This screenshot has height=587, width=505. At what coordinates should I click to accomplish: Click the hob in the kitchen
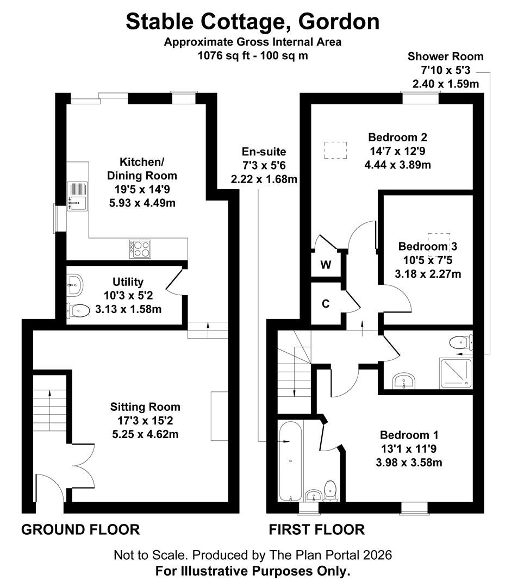tap(140, 249)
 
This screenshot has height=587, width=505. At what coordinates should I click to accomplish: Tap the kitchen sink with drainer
tap(77, 196)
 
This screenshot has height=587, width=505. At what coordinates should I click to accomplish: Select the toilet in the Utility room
tap(79, 310)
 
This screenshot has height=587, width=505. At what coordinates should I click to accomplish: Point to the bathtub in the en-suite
tap(290, 461)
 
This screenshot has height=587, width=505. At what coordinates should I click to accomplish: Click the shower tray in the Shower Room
tap(456, 373)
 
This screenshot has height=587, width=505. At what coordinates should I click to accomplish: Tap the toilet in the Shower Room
tap(461, 342)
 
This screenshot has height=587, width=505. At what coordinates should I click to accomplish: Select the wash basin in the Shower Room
tap(404, 381)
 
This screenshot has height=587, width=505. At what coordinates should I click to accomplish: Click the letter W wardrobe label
tap(326, 265)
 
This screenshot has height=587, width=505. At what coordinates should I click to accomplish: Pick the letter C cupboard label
tap(326, 304)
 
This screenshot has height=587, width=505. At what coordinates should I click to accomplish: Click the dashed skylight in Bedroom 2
tap(335, 150)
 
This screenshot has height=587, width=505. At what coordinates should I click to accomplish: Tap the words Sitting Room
tap(145, 407)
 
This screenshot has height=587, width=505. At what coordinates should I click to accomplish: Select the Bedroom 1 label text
tap(409, 435)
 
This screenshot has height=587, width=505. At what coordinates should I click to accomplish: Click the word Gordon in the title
tap(339, 22)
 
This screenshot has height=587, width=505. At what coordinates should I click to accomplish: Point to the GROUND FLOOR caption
tap(80, 530)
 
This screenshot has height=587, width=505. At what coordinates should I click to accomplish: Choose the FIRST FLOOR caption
tap(317, 530)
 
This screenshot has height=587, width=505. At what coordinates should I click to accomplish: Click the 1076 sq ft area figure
tap(226, 56)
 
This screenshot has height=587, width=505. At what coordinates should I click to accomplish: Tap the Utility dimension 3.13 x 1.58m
tap(128, 310)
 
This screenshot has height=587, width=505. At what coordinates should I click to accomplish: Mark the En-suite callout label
tap(264, 152)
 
